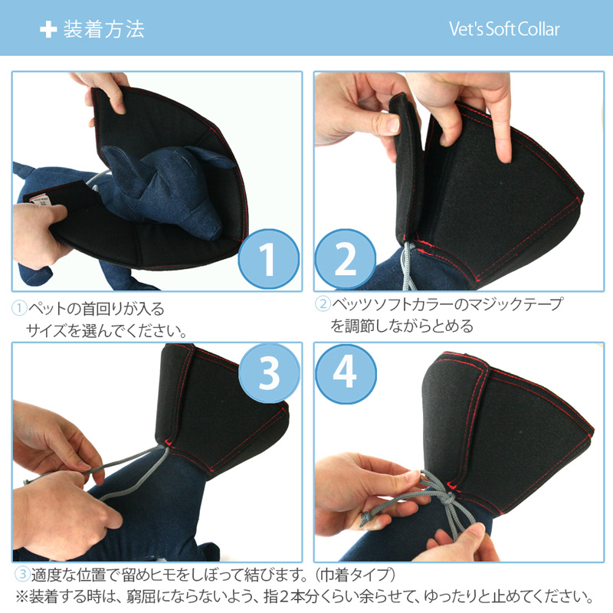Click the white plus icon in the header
click(x=48, y=29)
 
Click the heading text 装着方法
click(x=104, y=29)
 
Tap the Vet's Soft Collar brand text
click(x=504, y=29)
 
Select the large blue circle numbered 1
click(x=268, y=258)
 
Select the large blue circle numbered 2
click(x=346, y=258)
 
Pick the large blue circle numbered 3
click(x=269, y=373)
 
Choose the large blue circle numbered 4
click(x=346, y=373)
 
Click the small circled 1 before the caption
click(x=19, y=308)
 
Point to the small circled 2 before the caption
click(x=323, y=303)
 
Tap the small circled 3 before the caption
click(x=22, y=574)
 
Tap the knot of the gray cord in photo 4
click(x=449, y=499)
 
